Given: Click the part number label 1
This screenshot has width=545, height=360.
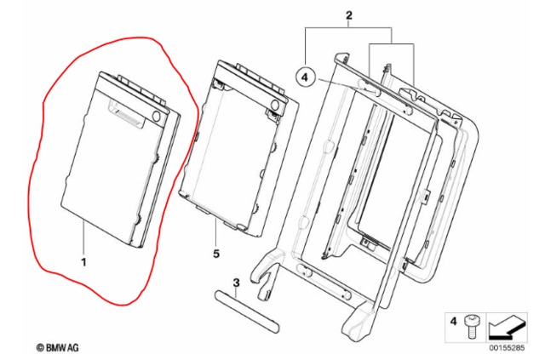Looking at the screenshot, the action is point(83,262).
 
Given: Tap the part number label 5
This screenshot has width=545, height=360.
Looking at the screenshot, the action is point(216,254).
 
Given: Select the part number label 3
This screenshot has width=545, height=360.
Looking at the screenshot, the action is point(237,283).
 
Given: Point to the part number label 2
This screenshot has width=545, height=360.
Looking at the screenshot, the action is point(348,15).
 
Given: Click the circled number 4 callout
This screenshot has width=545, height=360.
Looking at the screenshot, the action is point(305,77).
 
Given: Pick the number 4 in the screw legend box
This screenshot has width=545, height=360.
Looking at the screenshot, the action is point(453,322).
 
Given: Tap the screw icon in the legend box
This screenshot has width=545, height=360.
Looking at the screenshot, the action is point(471,326).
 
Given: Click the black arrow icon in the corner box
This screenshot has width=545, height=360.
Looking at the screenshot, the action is point(508,327).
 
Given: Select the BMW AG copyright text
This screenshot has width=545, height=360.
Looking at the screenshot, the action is point(58,347).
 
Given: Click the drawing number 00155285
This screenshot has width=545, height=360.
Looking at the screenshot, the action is point(508,348).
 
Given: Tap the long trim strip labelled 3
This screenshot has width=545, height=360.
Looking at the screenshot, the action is point(247,311).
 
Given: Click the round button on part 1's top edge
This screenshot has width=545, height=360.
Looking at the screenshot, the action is point(157,116).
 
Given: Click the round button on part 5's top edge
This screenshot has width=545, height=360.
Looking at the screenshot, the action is point(275,104).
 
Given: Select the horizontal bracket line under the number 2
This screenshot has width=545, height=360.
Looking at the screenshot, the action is point(348,27).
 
